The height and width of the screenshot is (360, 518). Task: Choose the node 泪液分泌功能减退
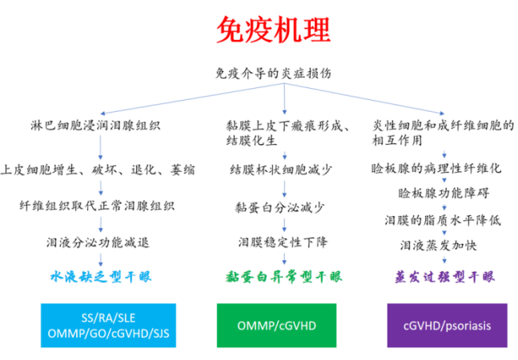click(x=98, y=242)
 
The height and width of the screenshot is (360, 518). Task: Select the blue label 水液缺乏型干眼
click(x=100, y=278)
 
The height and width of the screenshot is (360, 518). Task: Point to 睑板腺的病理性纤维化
click(x=437, y=169)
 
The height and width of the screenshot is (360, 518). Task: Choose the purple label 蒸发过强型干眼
click(x=444, y=278)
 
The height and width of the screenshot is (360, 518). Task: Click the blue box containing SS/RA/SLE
click(x=100, y=325)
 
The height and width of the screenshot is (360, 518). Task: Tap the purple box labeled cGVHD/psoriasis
click(x=447, y=325)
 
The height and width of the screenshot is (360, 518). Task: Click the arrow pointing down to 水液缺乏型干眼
click(x=100, y=260)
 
